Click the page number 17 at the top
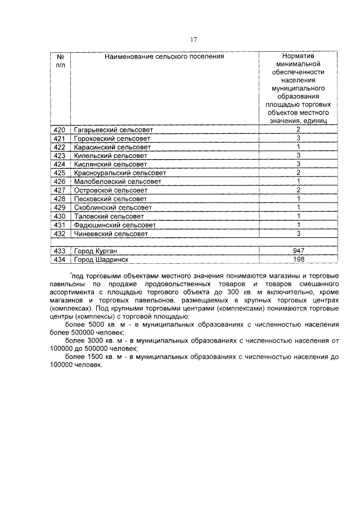click(x=193, y=39)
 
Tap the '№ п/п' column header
click(x=60, y=61)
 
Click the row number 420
click(x=60, y=130)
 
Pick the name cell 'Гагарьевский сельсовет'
click(x=113, y=130)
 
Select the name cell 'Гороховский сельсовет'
click(x=112, y=138)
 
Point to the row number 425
click(x=60, y=173)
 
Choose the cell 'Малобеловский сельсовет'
click(x=117, y=181)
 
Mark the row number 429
click(x=60, y=207)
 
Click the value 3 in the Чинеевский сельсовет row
click(x=299, y=233)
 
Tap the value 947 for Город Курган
click(x=299, y=250)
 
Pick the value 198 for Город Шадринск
click(x=299, y=259)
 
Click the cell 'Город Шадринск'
click(x=101, y=259)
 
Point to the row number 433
click(x=60, y=250)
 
